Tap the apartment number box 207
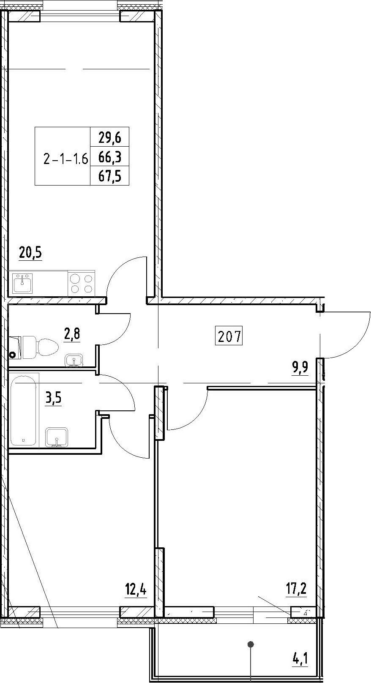click(229, 336)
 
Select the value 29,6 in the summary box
click(110, 138)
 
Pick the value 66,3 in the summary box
click(110, 157)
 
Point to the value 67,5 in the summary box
click(110, 176)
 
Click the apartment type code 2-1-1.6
click(66, 159)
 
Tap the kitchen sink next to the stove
click(22, 283)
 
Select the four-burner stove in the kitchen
click(81, 283)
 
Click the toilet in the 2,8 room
click(40, 347)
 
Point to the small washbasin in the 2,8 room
click(74, 360)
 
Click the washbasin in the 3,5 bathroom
click(56, 437)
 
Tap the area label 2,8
click(72, 334)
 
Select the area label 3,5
click(53, 398)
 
